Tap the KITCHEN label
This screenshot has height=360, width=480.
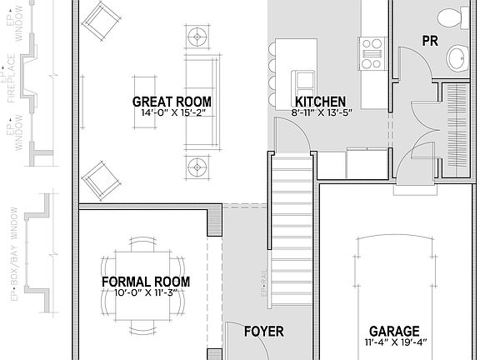319,102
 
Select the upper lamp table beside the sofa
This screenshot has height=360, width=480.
198,37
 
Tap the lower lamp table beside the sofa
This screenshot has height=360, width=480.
198,162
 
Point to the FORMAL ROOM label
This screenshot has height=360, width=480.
145,282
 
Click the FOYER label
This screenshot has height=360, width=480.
263,332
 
